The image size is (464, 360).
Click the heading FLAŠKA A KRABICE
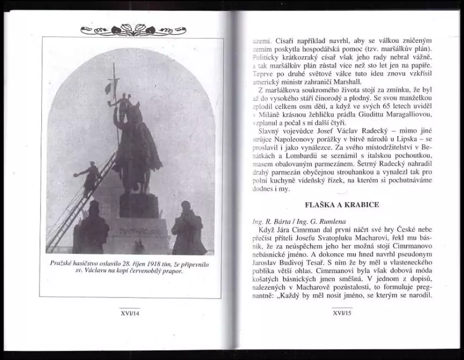click(x=342, y=205)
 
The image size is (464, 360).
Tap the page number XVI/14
click(x=132, y=313)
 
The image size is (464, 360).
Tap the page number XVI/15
click(x=343, y=313)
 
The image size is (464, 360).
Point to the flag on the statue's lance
click(x=108, y=88)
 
